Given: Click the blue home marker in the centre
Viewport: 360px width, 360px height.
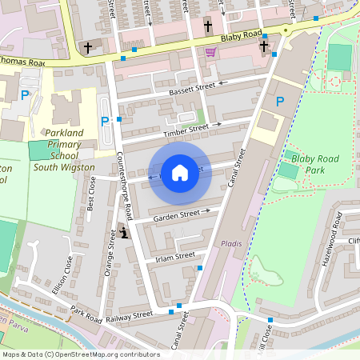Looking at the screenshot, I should coord(180,172).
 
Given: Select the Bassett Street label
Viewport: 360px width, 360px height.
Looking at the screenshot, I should coord(192,89).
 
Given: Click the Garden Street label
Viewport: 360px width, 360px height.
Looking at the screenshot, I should coord(177,214).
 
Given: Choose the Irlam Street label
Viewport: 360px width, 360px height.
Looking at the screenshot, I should coord(176,255).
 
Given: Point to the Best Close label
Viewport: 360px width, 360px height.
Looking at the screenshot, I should coord(91,194).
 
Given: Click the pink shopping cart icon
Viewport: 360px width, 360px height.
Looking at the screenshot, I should coord(210,52).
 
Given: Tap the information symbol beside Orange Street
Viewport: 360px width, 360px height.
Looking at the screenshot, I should coord(124,232).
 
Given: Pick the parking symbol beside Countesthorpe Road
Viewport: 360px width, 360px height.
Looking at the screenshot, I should coord(105,122).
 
